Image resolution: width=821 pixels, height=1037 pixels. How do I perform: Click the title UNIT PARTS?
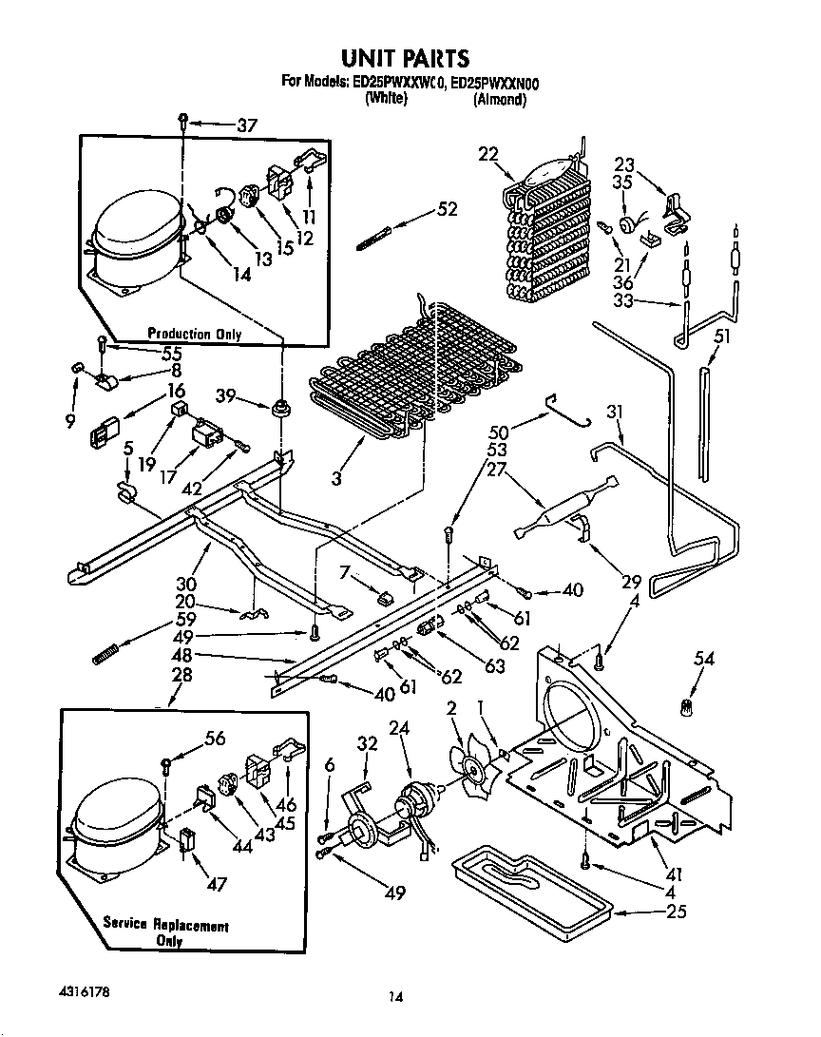(410, 59)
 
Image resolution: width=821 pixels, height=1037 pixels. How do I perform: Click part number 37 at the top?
(247, 125)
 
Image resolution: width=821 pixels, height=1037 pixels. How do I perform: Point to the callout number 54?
(704, 659)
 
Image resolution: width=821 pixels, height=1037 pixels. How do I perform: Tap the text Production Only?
(194, 335)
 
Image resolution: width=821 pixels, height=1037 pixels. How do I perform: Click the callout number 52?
(448, 210)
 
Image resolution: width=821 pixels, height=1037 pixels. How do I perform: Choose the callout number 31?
(615, 413)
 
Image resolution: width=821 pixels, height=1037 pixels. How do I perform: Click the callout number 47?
(218, 884)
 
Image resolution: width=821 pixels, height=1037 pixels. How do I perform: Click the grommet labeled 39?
(280, 411)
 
